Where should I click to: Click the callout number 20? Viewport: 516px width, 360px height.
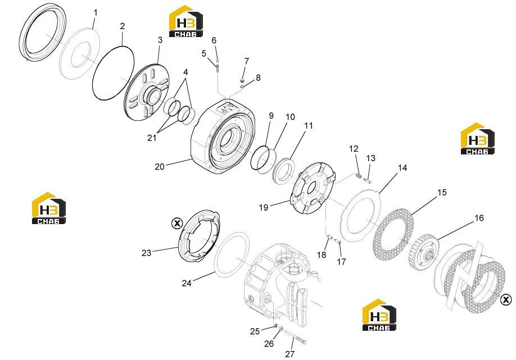[160, 167]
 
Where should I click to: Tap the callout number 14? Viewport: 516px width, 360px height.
[402, 168]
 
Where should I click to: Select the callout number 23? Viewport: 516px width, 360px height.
[147, 253]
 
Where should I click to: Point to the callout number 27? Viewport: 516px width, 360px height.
[289, 354]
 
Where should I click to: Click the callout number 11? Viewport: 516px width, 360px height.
[309, 126]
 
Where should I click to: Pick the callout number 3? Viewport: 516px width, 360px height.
[160, 40]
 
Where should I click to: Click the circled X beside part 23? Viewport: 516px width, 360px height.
[177, 224]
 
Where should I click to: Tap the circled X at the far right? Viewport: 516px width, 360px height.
[506, 299]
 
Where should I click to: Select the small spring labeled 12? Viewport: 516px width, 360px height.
[359, 176]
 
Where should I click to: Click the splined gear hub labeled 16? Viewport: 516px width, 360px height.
[423, 252]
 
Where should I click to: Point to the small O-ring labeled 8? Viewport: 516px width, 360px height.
[242, 86]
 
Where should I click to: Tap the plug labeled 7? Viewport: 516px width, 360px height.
[243, 80]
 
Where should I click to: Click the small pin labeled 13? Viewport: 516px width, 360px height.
[368, 180]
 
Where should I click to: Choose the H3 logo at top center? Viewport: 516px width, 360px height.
[185, 21]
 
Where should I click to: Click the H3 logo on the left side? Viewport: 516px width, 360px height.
[48, 208]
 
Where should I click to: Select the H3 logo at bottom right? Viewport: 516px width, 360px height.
[379, 315]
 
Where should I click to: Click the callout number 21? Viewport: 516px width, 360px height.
[152, 138]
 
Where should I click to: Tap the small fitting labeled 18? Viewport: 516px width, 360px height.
[330, 236]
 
